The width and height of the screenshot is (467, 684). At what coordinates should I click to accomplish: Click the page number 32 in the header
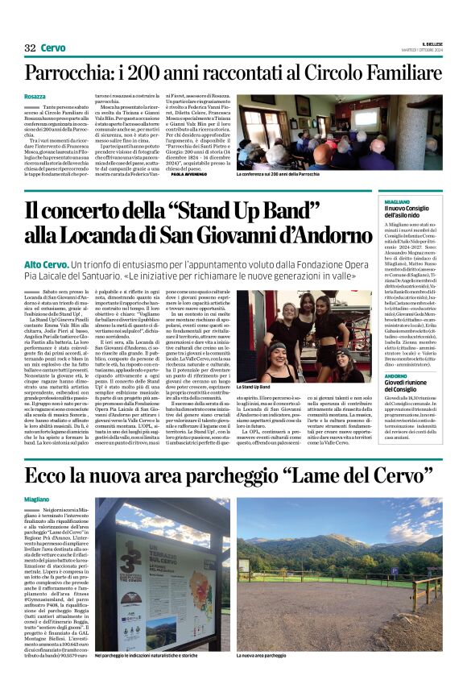(30, 48)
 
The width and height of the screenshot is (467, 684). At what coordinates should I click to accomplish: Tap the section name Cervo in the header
(53, 48)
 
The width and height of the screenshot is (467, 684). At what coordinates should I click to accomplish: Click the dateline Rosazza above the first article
(35, 97)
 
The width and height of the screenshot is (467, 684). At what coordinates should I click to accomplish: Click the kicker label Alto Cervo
(45, 264)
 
